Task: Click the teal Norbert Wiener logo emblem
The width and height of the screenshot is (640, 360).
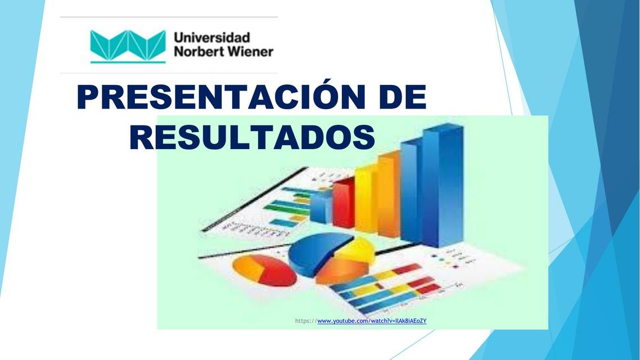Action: (128, 46)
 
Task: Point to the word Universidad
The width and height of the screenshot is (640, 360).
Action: (211, 38)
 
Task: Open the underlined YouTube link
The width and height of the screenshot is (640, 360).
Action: (372, 321)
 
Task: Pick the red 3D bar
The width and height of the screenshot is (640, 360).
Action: (343, 202)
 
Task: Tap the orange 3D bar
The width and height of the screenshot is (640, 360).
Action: (388, 194)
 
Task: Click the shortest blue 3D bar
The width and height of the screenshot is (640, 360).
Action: (321, 206)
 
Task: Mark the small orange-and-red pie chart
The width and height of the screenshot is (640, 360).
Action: (264, 270)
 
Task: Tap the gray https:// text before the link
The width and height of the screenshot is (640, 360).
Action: (306, 321)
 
